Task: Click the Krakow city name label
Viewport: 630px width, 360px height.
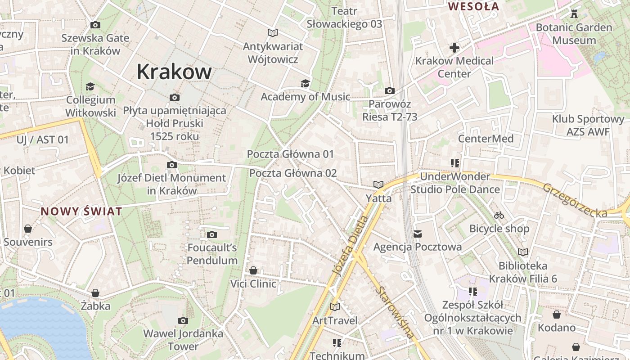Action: tap(174, 72)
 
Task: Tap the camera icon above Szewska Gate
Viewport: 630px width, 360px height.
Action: tap(95, 25)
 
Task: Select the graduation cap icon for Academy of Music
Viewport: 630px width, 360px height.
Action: tap(305, 83)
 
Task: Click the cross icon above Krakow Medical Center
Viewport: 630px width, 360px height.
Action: tap(454, 47)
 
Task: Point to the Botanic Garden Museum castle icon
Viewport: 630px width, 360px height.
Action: tap(574, 13)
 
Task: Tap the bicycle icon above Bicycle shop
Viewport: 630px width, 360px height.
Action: tap(499, 215)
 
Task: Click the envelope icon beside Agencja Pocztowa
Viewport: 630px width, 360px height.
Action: tap(418, 234)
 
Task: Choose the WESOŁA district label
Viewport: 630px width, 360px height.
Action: tap(474, 7)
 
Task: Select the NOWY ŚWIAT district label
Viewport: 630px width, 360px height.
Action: tap(81, 211)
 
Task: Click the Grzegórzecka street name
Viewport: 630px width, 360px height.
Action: tap(575, 201)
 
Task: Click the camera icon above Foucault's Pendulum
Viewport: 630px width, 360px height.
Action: tap(211, 234)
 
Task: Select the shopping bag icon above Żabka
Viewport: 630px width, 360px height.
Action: tap(95, 293)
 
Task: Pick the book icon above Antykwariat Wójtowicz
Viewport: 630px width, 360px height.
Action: tap(272, 33)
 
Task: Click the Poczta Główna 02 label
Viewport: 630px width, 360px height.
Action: tap(293, 173)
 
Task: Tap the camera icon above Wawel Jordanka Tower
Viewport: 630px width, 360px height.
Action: tap(183, 320)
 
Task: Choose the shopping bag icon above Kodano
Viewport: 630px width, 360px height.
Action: tap(556, 314)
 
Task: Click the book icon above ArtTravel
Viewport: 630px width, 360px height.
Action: tap(334, 307)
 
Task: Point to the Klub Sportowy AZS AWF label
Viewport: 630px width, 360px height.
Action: tap(588, 126)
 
